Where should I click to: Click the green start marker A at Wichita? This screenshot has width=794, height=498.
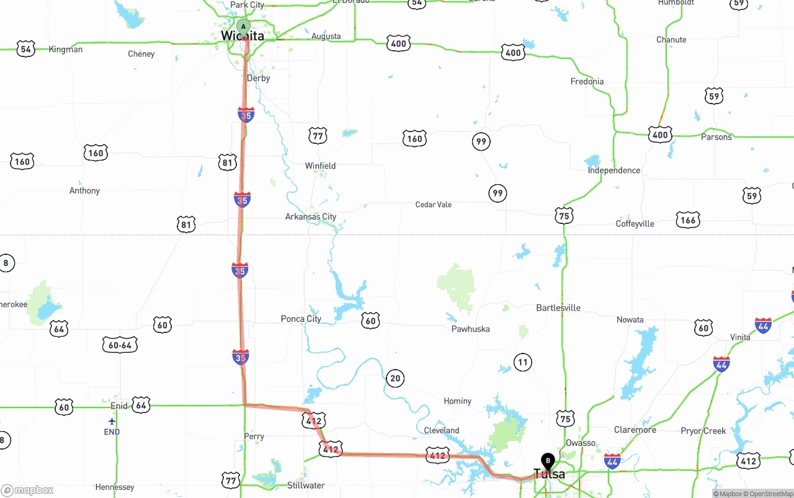pos(244,27)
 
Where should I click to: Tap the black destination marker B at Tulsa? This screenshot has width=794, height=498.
pos(547,461)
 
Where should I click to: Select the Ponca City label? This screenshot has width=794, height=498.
pos(301,319)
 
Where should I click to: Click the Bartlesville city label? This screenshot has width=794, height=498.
pos(558,308)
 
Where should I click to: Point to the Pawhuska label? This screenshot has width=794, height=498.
pos(470,329)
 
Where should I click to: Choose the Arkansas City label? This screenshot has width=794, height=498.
pos(311,216)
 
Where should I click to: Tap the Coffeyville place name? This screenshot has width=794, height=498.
pos(635,224)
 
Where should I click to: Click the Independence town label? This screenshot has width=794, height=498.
pos(613,170)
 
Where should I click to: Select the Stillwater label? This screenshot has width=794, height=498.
pos(306,485)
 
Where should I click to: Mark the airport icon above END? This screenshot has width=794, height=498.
pos(112,422)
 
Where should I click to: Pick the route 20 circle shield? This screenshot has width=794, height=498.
pos(395,378)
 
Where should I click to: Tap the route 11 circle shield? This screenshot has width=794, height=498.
pos(523,362)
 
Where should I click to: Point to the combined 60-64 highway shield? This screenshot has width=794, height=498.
pos(120,345)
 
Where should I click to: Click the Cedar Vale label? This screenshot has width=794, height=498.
pos(434,205)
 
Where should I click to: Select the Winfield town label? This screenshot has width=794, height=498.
pos(320,166)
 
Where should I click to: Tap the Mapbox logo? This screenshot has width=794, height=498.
pos(27,491)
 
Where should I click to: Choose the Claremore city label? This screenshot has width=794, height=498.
pos(635,430)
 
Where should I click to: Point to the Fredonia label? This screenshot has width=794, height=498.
pos(587,81)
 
